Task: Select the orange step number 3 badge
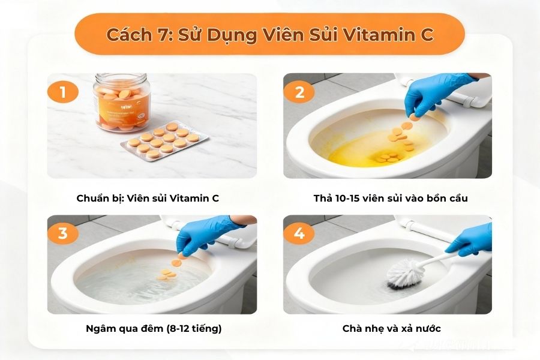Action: (x=63, y=233)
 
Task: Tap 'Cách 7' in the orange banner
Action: (x=133, y=35)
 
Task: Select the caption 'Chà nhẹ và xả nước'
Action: (x=392, y=328)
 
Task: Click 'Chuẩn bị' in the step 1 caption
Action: (x=98, y=197)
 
